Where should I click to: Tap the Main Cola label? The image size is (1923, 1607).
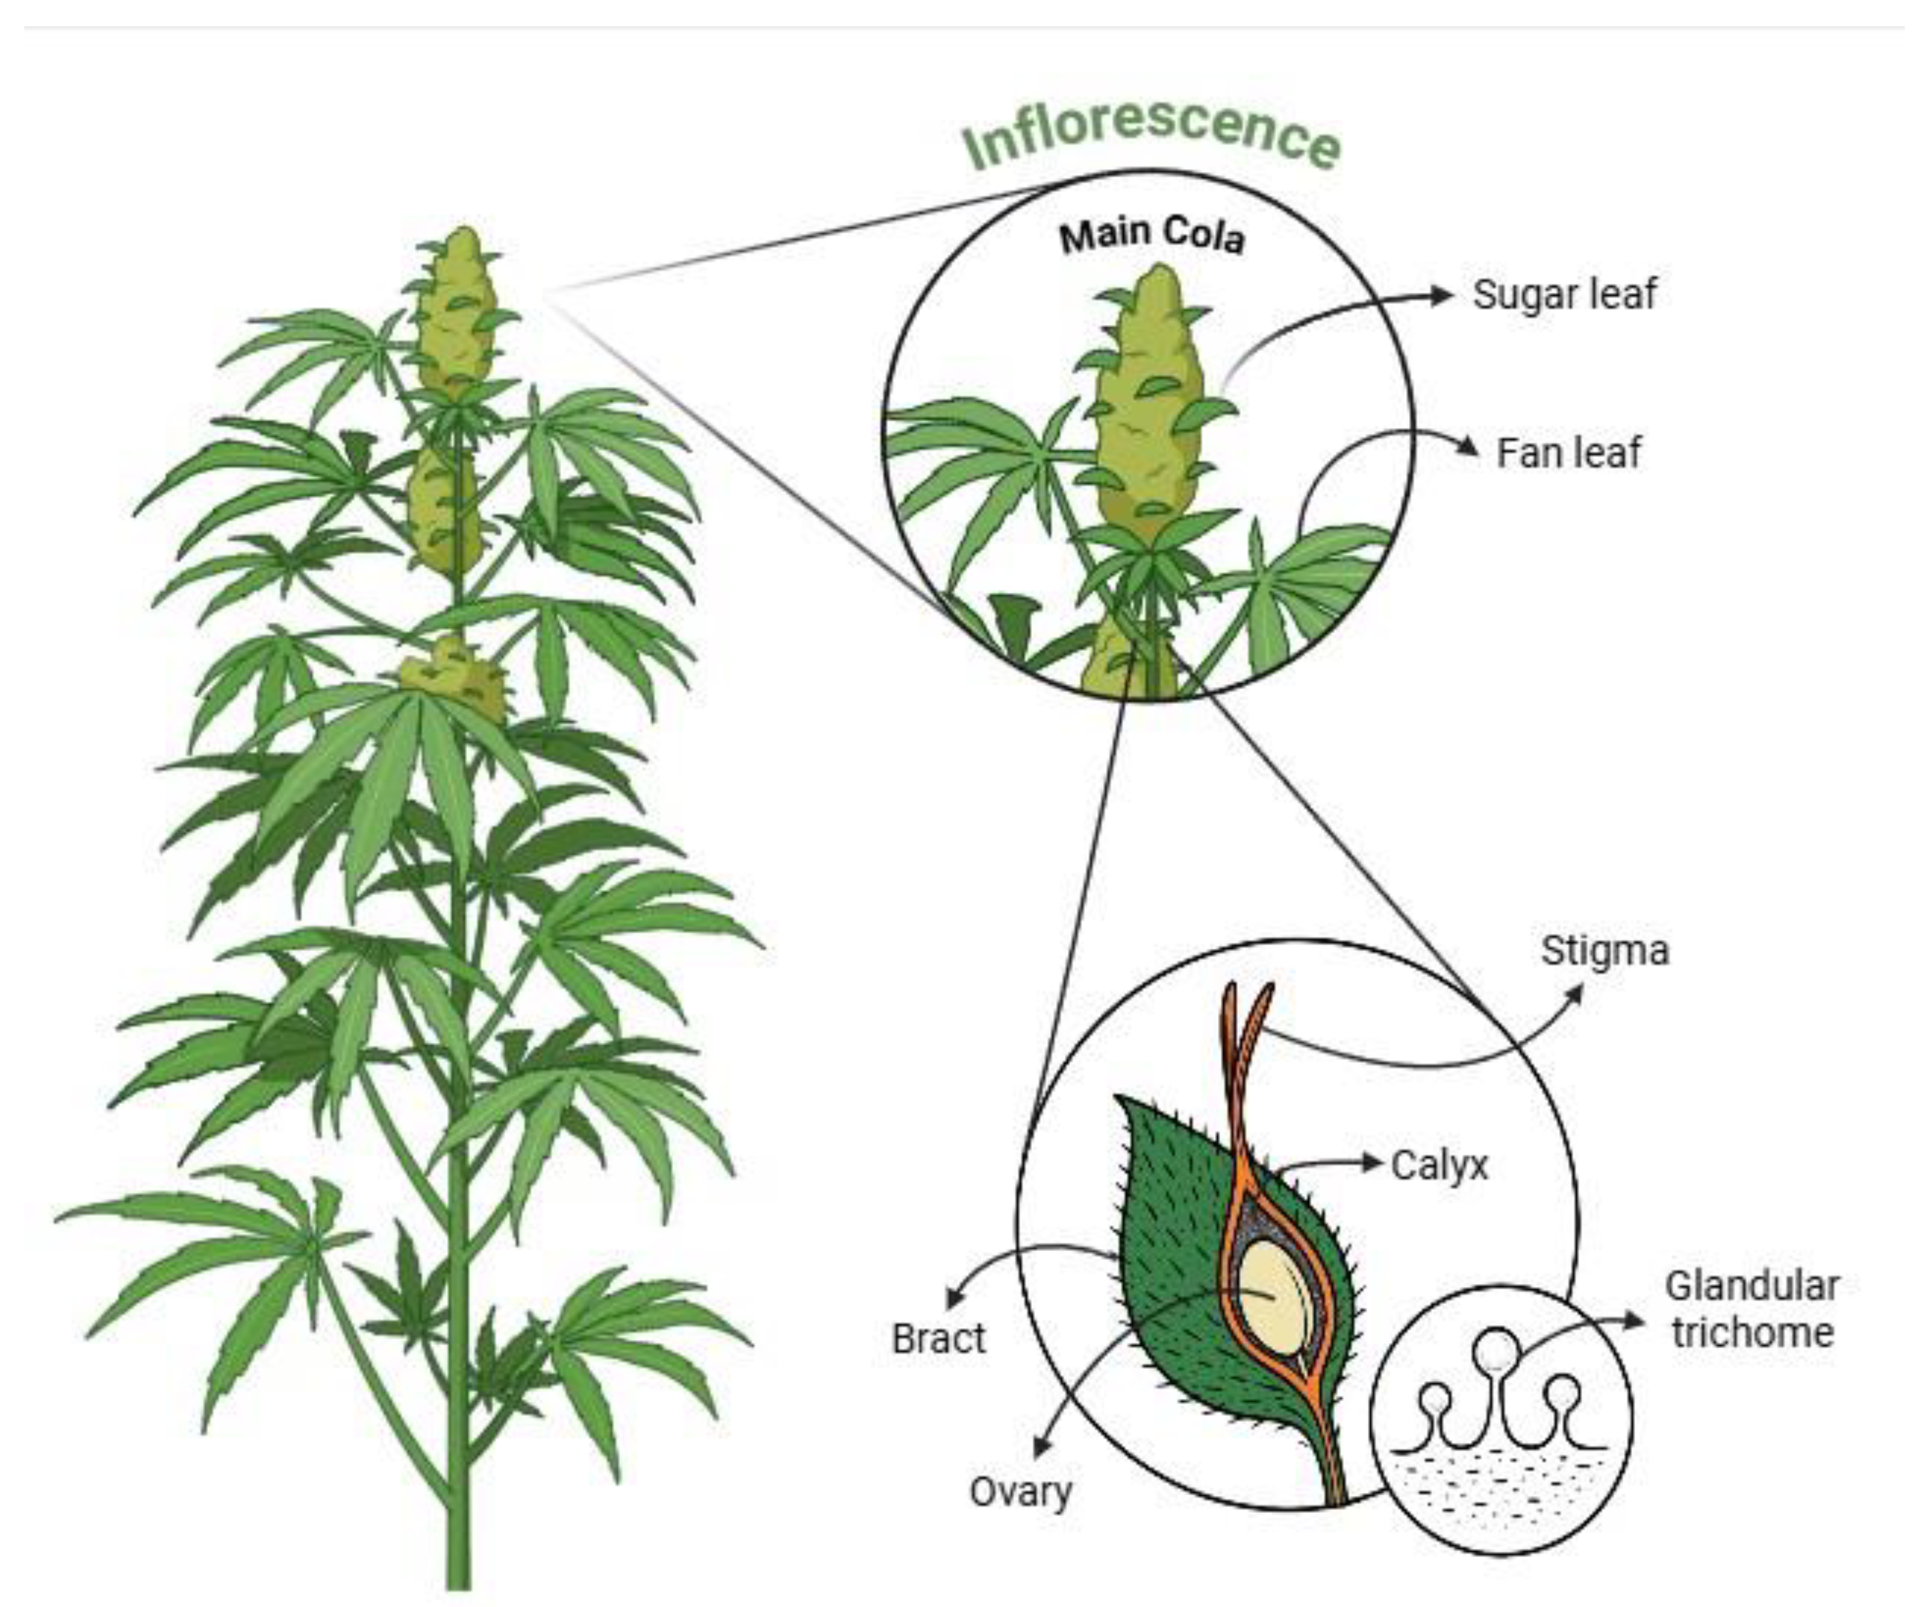coord(1152,235)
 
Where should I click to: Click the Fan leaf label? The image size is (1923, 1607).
coord(1568,452)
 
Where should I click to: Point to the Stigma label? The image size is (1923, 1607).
coord(1604,950)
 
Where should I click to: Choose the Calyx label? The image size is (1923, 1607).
coord(1440,1165)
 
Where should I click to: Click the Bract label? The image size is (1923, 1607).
coord(938,1339)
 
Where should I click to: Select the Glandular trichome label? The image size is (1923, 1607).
coord(1751,1309)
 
